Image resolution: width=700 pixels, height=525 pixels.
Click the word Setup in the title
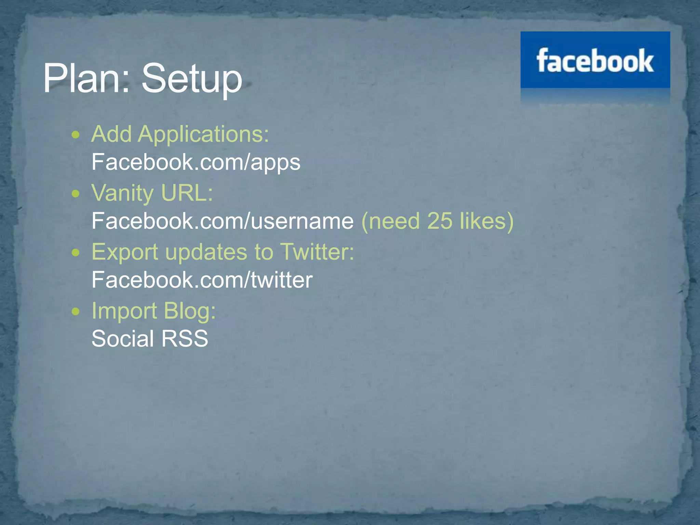click(x=191, y=79)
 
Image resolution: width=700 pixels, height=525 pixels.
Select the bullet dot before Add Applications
click(x=76, y=135)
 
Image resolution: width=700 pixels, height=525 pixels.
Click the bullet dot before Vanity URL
click(x=76, y=194)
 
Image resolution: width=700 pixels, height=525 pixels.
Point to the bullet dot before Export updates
click(x=76, y=253)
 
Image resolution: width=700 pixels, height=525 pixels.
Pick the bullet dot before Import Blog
click(x=76, y=312)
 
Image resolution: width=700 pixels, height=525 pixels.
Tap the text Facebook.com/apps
click(x=196, y=162)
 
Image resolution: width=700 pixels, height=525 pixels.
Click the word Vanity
click(x=122, y=194)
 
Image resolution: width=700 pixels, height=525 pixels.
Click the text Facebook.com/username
click(x=223, y=221)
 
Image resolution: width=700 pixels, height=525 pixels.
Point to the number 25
click(x=440, y=221)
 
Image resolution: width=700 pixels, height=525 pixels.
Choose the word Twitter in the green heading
click(x=317, y=252)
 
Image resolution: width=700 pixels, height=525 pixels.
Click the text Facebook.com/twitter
click(x=202, y=280)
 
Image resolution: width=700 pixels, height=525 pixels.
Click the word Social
click(x=123, y=339)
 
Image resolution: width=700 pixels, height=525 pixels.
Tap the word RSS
click(x=185, y=339)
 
